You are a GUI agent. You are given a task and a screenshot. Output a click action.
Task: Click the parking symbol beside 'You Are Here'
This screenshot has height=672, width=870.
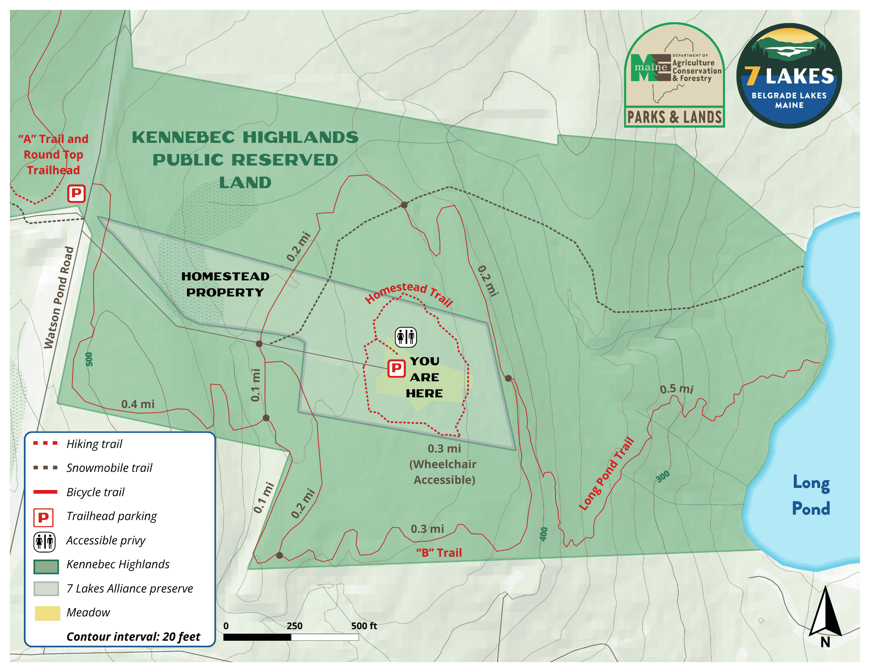point(396,368)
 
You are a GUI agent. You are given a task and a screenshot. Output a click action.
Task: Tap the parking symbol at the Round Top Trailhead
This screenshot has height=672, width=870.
point(76,194)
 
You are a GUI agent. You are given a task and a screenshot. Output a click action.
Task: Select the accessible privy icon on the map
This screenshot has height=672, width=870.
point(406,337)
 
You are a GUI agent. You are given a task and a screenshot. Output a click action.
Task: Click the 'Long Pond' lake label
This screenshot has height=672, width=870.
point(810,495)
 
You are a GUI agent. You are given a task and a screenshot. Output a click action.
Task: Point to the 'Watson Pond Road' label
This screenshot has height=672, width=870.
point(59,297)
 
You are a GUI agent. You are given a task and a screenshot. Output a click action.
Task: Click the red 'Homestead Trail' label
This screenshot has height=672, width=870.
point(409,293)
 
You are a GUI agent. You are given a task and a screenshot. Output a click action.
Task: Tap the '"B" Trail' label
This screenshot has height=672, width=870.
point(439,553)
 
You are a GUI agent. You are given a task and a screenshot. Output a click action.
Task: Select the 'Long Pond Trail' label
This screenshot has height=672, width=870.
point(606,474)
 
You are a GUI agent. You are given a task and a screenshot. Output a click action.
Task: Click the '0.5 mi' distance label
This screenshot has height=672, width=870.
point(676,389)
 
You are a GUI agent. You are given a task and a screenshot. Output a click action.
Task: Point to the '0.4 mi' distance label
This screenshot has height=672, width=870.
point(138,404)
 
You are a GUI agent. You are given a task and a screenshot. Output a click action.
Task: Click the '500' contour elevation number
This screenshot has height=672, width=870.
point(89,359)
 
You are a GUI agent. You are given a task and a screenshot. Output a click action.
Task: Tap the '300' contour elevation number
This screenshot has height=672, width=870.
point(663,476)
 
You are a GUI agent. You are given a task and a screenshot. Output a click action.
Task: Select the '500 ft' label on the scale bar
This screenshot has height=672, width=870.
point(364,626)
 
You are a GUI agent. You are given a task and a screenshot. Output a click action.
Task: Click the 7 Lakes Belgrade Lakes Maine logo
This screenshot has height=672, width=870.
point(789,76)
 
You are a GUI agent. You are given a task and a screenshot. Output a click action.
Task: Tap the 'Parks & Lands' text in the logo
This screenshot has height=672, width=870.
point(674,117)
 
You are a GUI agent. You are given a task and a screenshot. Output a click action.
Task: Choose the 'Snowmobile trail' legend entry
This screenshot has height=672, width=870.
point(109,468)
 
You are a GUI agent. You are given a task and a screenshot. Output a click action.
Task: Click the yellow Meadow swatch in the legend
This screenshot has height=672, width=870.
point(47,613)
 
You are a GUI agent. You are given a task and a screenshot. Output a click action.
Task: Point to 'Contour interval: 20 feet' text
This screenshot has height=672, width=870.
point(133,637)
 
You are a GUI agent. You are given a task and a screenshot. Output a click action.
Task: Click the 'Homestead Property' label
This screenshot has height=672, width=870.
point(225,284)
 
